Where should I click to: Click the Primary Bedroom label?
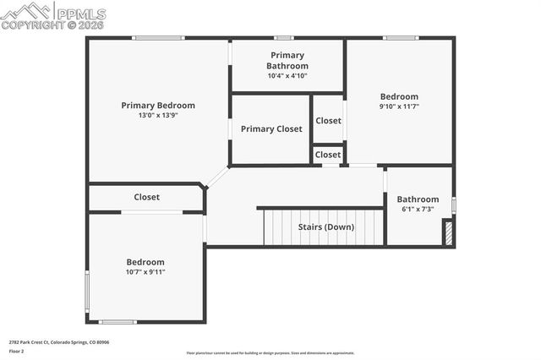158,106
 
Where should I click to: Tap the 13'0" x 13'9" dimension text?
158,115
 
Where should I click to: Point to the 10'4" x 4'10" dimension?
287,75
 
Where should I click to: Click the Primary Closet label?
270,129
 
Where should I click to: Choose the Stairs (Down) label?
326,226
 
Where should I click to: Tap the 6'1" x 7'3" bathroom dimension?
418,209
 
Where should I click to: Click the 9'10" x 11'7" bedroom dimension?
399,106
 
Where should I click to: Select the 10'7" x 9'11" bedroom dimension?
145,272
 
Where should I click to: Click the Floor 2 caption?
17,350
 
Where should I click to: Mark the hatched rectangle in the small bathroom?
448,234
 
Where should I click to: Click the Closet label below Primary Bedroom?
146,197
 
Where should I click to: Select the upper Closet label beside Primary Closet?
328,121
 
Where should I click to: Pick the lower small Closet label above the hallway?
328,155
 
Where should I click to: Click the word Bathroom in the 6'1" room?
418,199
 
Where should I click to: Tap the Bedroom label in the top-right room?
399,96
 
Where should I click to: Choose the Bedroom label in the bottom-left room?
145,262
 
